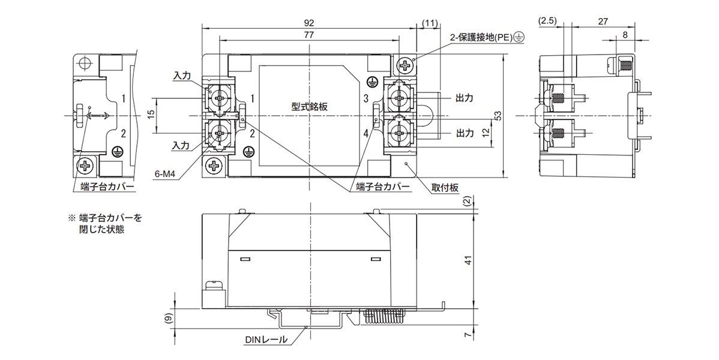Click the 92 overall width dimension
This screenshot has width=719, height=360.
pyautogui.click(x=310, y=22)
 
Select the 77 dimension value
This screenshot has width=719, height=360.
pyautogui.click(x=310, y=35)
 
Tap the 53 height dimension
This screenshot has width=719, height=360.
pyautogui.click(x=498, y=115)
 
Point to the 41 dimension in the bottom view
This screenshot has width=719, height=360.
pyautogui.click(x=469, y=260)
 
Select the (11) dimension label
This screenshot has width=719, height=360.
pyautogui.click(x=429, y=22)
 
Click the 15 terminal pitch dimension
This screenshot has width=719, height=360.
pyautogui.click(x=152, y=114)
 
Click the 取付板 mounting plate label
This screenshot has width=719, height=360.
pyautogui.click(x=445, y=188)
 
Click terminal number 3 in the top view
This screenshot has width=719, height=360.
pyautogui.click(x=365, y=97)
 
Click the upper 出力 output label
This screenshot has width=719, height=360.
pyautogui.click(x=465, y=97)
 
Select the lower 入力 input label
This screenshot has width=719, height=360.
pyautogui.click(x=181, y=146)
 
